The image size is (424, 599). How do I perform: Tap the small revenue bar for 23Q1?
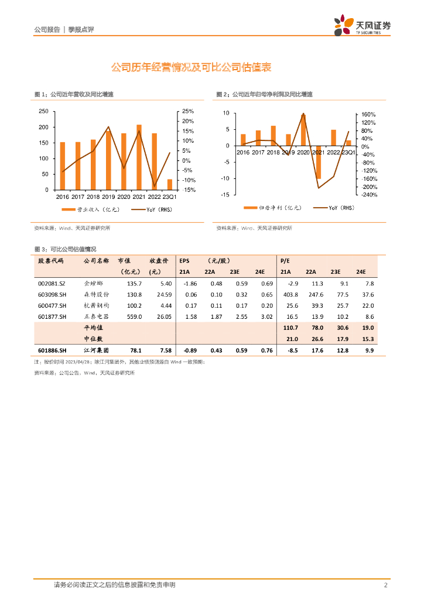click(170, 185)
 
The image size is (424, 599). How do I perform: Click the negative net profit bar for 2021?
click(319, 162)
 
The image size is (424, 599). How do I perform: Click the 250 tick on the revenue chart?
click(43, 111)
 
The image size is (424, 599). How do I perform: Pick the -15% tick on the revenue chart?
click(188, 190)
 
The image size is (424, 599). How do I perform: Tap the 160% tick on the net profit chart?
click(368, 115)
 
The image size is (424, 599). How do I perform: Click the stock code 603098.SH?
click(52, 294)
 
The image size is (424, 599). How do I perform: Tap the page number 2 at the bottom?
click(386, 585)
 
